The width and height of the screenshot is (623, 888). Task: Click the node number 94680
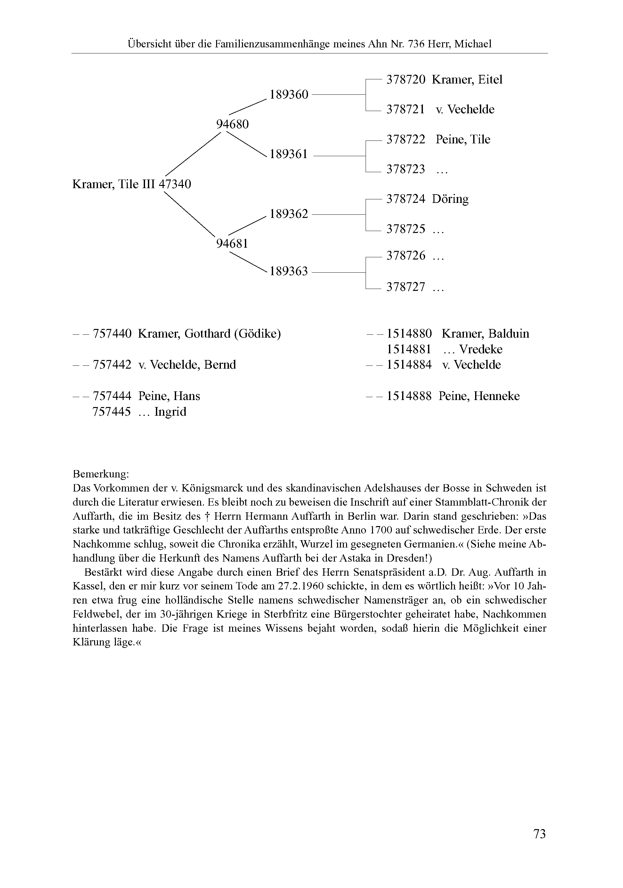232,124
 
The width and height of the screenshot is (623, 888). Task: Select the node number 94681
232,244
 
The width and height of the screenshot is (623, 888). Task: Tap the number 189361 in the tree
289,154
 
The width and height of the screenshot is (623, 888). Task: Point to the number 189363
289,271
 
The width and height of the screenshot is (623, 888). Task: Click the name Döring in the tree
450,199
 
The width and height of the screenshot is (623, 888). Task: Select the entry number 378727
406,287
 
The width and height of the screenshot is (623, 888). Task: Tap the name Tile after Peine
480,140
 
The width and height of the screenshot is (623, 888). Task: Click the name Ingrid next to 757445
170,412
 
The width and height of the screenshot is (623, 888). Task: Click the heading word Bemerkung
101,474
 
